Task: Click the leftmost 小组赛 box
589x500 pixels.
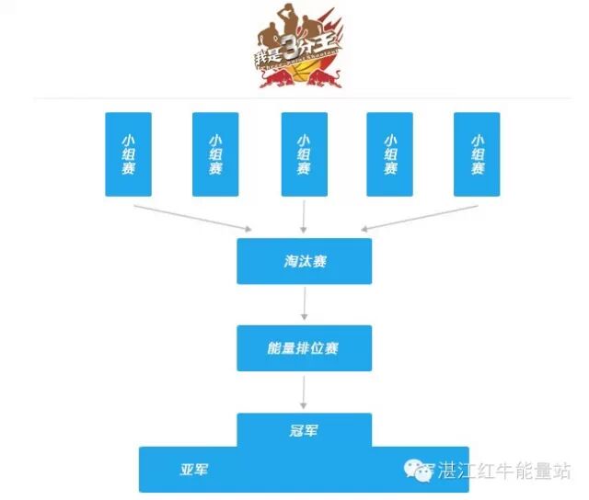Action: pyautogui.click(x=128, y=154)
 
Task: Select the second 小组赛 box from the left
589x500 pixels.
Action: pyautogui.click(x=215, y=154)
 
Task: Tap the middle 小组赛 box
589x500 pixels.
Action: pyautogui.click(x=304, y=154)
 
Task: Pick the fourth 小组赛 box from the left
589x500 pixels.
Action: pyautogui.click(x=390, y=154)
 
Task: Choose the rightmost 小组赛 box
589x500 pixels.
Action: pyautogui.click(x=477, y=154)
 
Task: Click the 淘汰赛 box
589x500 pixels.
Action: pyautogui.click(x=304, y=261)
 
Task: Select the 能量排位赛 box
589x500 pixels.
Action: pyautogui.click(x=304, y=347)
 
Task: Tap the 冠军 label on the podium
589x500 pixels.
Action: pyautogui.click(x=304, y=430)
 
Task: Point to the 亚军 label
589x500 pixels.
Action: pyautogui.click(x=193, y=470)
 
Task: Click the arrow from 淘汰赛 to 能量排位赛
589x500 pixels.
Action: pyautogui.click(x=304, y=303)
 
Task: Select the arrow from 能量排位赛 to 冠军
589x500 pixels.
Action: pyautogui.click(x=304, y=391)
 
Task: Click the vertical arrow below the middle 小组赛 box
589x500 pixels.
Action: pyautogui.click(x=304, y=215)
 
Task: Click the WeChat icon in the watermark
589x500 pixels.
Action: pyautogui.click(x=419, y=470)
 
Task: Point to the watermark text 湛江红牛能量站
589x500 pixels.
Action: pyautogui.click(x=502, y=471)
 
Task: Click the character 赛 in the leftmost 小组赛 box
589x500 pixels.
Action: pyautogui.click(x=128, y=169)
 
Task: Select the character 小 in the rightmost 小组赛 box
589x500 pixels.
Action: pyautogui.click(x=477, y=139)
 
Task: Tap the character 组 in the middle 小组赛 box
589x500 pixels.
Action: pyautogui.click(x=304, y=154)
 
